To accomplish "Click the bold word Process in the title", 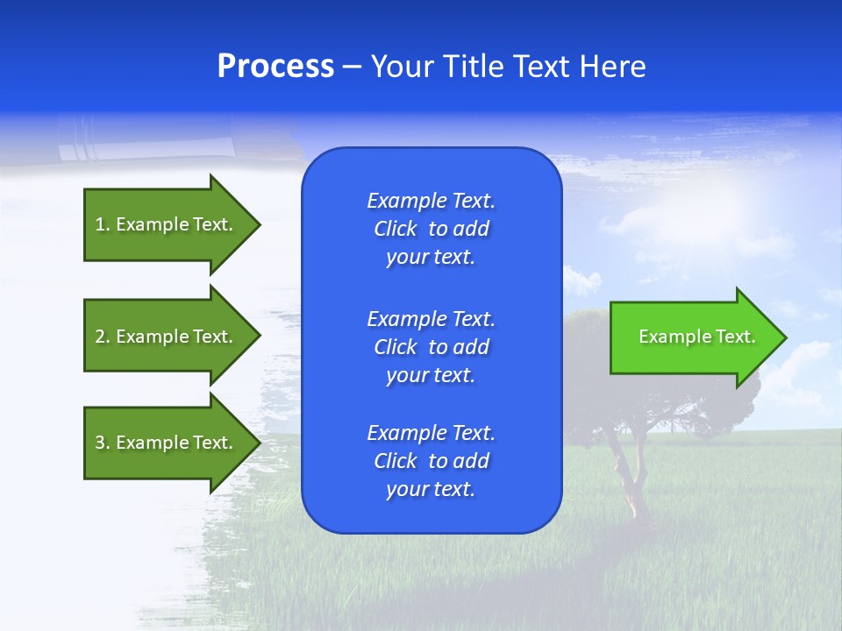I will [x=275, y=67].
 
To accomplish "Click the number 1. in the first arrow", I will [x=103, y=224].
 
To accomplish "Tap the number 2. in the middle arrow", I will [x=103, y=337].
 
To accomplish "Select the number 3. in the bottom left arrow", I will [x=103, y=443].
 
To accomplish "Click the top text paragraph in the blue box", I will [x=431, y=229].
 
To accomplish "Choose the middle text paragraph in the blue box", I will [x=431, y=347].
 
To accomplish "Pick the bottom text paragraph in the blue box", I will [x=431, y=461].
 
